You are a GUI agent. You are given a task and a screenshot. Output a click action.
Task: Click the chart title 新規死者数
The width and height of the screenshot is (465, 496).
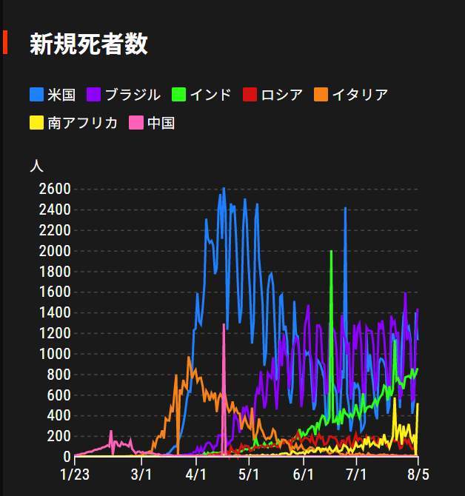(88, 44)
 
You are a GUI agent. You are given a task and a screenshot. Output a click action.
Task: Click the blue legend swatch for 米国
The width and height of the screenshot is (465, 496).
(36, 95)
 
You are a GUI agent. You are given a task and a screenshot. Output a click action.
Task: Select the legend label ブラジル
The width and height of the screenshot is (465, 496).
(132, 95)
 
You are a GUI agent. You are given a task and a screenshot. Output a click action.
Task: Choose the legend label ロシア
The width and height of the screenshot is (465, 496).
(282, 95)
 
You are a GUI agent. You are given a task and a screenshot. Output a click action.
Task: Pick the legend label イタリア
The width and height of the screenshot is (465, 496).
(360, 95)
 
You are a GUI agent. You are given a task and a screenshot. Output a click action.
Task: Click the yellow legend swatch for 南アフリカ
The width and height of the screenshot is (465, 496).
(36, 123)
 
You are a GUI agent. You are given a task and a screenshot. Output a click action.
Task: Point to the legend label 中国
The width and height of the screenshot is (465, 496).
(161, 123)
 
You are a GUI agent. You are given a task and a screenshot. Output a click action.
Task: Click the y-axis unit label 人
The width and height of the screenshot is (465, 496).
(36, 166)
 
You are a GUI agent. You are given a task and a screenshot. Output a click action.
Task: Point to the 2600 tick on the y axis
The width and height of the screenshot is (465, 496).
(56, 189)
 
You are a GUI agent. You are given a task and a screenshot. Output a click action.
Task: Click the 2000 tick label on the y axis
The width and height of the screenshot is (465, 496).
(56, 251)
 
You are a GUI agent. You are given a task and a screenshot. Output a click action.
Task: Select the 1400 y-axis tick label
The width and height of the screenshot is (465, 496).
(56, 312)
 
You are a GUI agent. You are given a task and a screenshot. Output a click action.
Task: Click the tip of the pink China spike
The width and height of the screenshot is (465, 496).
(224, 324)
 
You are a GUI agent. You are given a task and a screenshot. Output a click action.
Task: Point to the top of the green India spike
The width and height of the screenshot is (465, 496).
(331, 252)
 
